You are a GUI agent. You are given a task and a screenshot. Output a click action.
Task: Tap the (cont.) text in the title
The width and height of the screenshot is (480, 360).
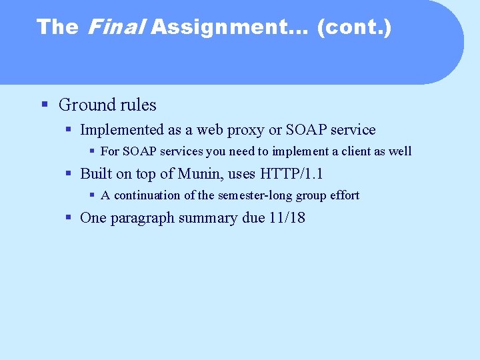(x=354, y=27)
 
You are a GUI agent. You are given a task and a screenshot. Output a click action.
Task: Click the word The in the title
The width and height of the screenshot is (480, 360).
(x=57, y=27)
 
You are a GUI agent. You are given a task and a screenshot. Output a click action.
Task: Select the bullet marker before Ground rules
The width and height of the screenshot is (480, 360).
(x=45, y=105)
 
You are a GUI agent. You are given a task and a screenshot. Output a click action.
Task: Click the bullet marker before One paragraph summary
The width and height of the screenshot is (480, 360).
(x=68, y=217)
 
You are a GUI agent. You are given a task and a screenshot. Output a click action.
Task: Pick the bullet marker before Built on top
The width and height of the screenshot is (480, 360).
(x=68, y=173)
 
